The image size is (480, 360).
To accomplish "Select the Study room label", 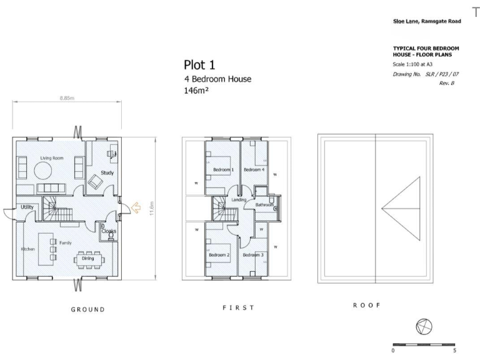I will [107, 172].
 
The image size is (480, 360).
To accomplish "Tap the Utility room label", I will [27, 207].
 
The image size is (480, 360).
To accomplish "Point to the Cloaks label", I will [109, 231].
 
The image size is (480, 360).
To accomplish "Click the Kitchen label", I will [28, 249].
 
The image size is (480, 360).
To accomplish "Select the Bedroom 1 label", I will [223, 170].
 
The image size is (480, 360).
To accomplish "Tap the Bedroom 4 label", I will [254, 170].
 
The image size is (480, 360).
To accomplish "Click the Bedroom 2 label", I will [219, 255].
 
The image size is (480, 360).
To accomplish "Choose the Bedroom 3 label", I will [253, 255].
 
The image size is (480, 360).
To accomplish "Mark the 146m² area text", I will [196, 91].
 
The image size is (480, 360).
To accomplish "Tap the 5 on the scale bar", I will [454, 351].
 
